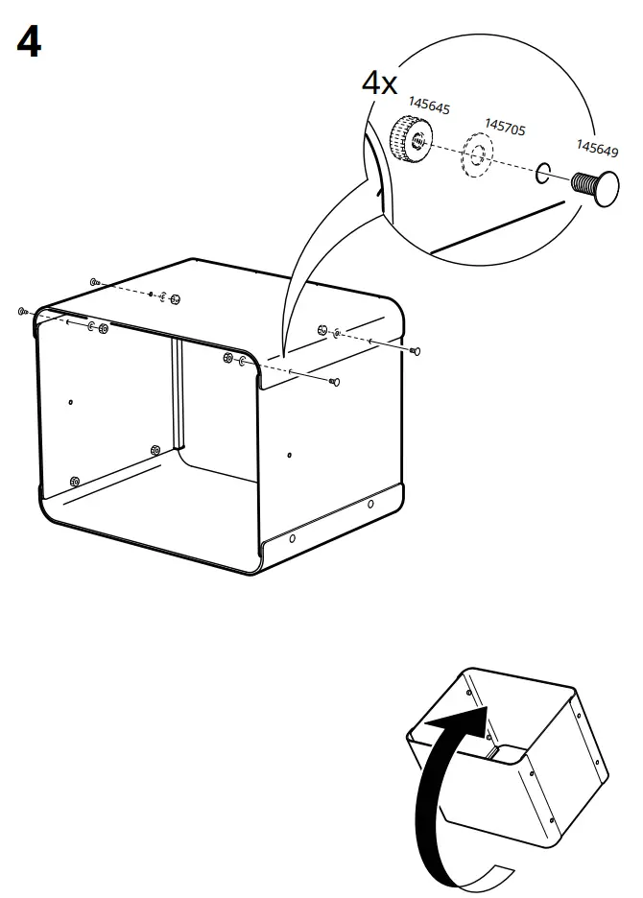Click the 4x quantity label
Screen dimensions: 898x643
tap(379, 83)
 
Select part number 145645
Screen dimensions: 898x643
tap(429, 106)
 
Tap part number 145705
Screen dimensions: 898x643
tap(505, 126)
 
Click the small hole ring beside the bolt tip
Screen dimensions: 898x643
tap(541, 172)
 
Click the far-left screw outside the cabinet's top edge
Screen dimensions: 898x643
tap(21, 312)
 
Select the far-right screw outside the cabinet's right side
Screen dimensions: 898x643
tap(415, 352)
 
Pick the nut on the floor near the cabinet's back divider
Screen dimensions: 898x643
tap(155, 450)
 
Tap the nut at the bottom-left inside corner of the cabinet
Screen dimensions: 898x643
tap(74, 481)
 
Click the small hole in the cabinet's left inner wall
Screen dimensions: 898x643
tap(70, 401)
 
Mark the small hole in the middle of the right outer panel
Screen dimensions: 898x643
tap(291, 455)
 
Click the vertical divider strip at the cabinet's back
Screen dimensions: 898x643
tap(177, 393)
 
